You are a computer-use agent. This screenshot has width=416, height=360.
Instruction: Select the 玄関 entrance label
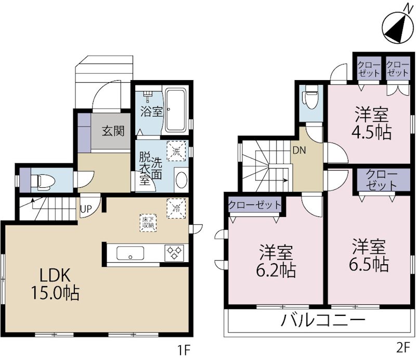(113, 131)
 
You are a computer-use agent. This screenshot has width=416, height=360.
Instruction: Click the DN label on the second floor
(298, 151)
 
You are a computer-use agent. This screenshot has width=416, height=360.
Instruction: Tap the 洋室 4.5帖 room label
(373, 123)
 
